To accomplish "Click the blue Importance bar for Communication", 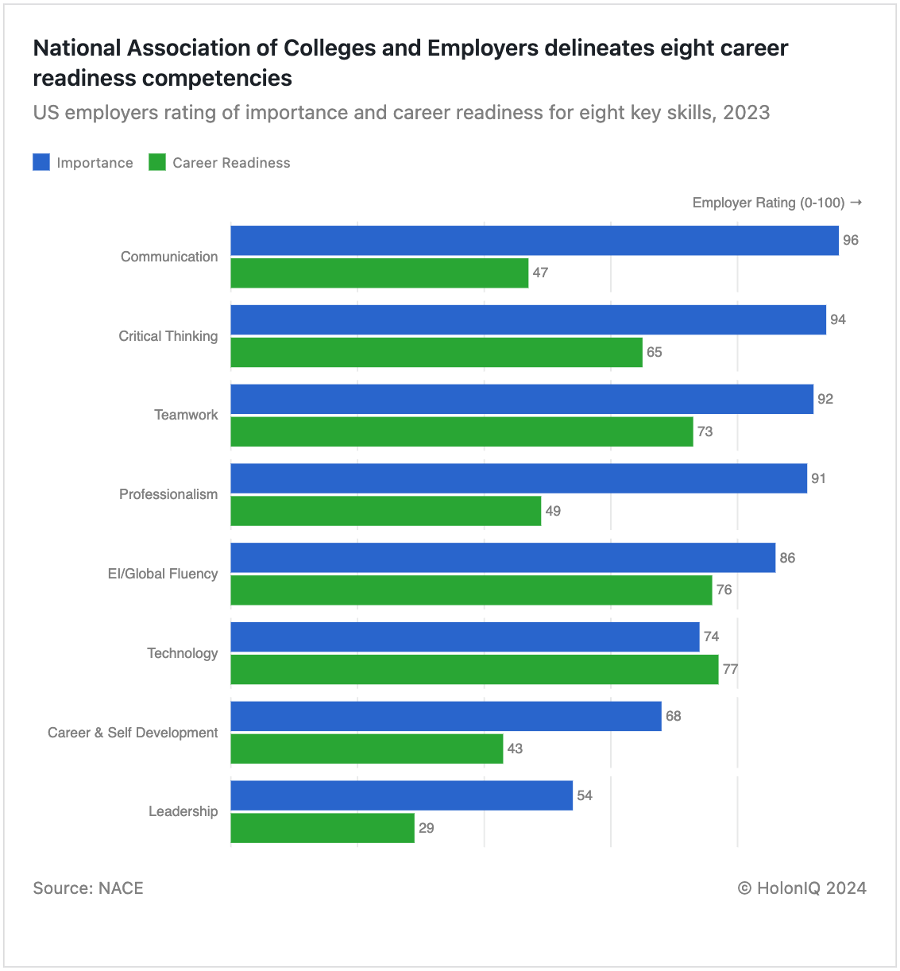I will (534, 241).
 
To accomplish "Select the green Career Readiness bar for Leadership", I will (323, 828).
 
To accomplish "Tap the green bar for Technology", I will (474, 669).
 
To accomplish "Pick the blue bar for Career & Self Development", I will (446, 716).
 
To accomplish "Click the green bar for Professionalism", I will (385, 511).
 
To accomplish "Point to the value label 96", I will (851, 241).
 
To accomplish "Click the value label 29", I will (427, 828).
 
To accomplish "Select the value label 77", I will (730, 669).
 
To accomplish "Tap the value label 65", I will (654, 352).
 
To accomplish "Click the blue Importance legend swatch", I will (42, 162).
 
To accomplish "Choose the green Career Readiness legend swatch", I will (157, 162).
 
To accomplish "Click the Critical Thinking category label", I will (168, 336).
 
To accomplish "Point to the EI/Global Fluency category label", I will (163, 574).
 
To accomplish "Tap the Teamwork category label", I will (186, 415).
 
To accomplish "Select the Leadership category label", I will (183, 811).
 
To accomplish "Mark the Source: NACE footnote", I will (88, 888).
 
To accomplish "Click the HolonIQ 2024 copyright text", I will (802, 888).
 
